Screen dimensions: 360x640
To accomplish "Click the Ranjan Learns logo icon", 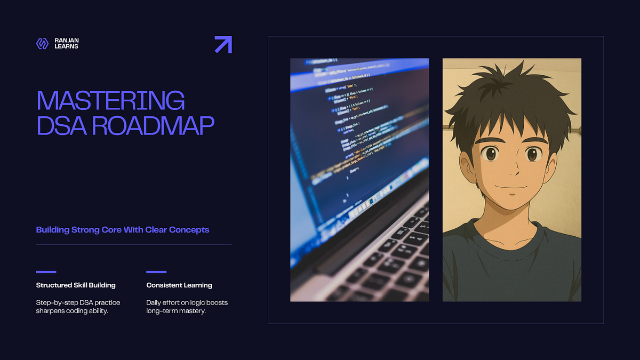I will click(42, 44).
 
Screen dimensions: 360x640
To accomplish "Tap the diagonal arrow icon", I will click(223, 44).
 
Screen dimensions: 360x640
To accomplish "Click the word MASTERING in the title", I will click(110, 101).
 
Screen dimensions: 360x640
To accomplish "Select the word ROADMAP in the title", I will click(153, 125).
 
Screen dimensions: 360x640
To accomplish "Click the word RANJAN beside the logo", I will click(67, 41).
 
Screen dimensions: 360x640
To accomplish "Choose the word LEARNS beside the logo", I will click(67, 47).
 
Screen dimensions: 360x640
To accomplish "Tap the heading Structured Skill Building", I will click(76, 285).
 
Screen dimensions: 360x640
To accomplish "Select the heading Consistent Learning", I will click(179, 285).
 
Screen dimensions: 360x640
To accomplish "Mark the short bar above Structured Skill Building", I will click(46, 271).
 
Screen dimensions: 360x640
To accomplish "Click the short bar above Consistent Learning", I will click(156, 271).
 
